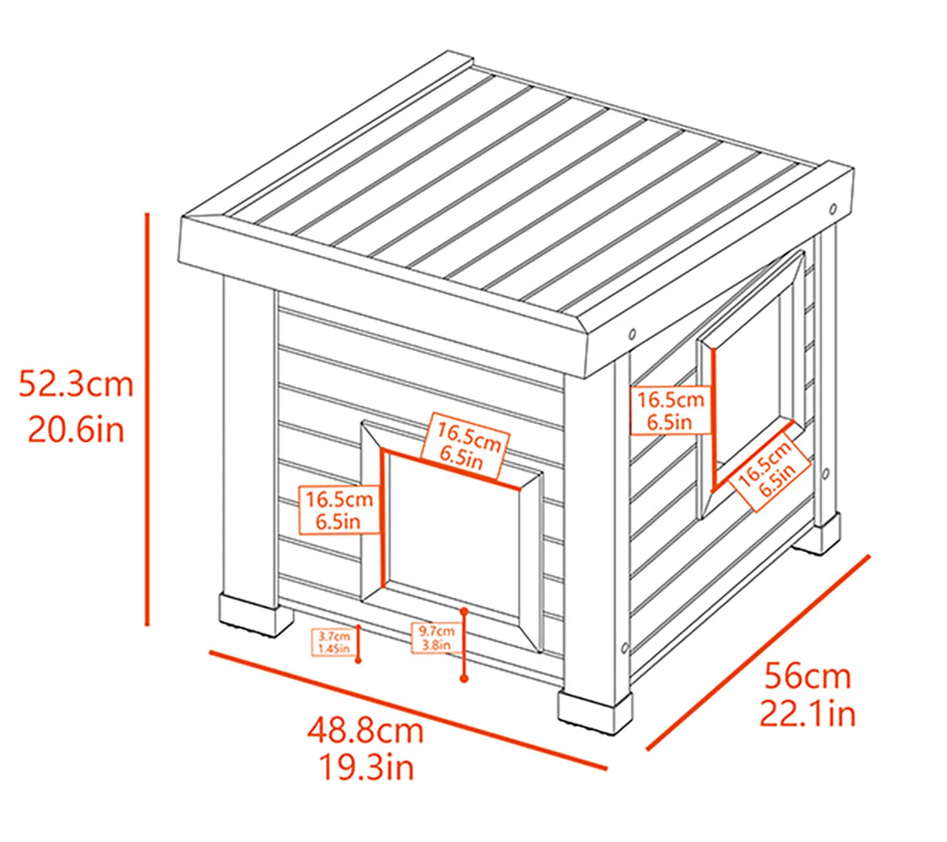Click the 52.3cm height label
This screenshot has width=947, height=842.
(77, 385)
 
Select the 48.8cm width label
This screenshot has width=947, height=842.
(364, 729)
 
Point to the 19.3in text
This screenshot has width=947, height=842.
(364, 767)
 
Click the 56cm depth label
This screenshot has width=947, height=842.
(807, 675)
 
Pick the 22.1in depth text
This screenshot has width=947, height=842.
(807, 715)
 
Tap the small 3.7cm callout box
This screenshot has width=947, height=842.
(333, 642)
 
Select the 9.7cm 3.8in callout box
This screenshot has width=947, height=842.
(435, 638)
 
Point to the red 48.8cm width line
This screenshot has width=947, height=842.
(407, 710)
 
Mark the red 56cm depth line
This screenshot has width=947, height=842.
(757, 652)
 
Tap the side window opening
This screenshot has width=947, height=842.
(749, 370)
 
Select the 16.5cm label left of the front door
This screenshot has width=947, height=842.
(339, 510)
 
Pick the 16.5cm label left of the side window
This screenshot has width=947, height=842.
(670, 410)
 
